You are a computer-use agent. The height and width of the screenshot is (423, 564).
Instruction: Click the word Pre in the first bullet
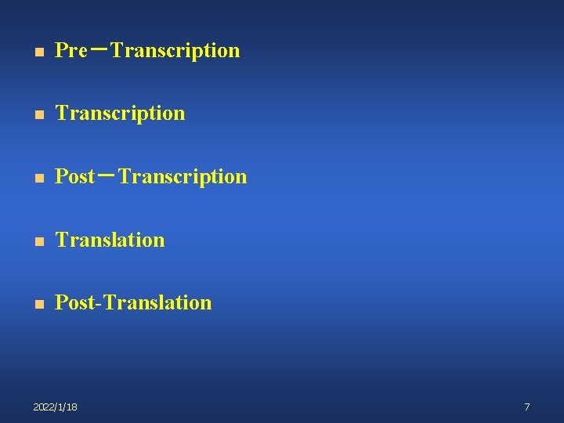click(x=70, y=51)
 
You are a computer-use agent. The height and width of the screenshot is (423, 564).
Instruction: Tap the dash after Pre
click(x=99, y=49)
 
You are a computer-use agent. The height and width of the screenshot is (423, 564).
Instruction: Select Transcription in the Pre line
click(x=175, y=51)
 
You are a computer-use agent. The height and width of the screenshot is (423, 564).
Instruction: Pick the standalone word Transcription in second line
click(x=121, y=114)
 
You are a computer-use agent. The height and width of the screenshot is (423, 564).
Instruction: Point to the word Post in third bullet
click(x=74, y=177)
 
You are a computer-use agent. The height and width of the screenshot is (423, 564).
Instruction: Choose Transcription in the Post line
click(x=183, y=177)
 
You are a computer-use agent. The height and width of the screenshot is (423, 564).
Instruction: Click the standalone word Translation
click(x=110, y=240)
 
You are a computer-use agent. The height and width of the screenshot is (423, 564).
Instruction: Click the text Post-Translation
click(x=133, y=302)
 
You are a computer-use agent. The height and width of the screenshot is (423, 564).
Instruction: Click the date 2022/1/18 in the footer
click(x=55, y=407)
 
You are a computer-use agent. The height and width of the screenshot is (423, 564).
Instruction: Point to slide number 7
click(x=527, y=407)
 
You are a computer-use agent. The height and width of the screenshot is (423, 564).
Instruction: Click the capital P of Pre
click(x=61, y=51)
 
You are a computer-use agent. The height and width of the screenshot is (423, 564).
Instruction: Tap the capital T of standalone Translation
click(x=61, y=240)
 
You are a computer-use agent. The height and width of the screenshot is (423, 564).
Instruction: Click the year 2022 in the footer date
click(x=45, y=407)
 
